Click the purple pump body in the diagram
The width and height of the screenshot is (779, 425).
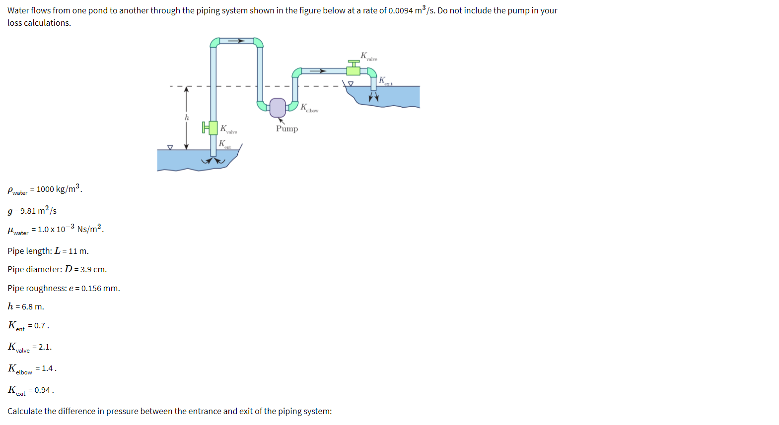coord(278,107)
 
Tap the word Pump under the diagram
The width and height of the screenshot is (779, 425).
coord(287,129)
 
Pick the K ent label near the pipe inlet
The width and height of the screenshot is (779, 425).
coord(224,144)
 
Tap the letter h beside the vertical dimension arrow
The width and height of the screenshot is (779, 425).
coord(187,118)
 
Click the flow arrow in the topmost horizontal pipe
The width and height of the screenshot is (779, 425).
coord(236,41)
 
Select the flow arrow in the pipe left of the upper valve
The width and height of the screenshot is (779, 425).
coord(318,71)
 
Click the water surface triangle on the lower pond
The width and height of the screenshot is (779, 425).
coord(170,147)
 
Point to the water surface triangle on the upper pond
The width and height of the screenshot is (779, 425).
coord(351,83)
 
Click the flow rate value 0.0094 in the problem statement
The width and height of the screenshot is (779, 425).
coord(401,11)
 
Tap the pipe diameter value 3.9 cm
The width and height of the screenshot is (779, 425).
coord(93,270)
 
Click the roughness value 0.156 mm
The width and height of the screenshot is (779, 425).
coord(100,289)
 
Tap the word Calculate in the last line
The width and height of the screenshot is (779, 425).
coord(25,412)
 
